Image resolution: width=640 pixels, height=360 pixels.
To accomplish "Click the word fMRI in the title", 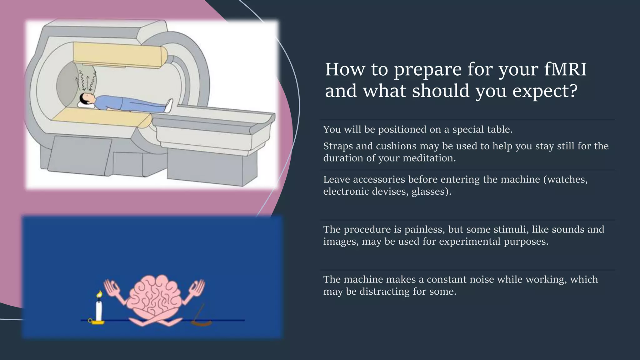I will click(x=565, y=69).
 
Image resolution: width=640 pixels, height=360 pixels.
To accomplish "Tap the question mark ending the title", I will click(x=572, y=91).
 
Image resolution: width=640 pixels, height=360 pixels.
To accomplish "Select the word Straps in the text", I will click(x=338, y=146).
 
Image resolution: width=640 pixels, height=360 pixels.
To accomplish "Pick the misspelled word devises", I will click(x=390, y=192).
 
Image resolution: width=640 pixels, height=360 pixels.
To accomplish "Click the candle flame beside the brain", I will click(x=100, y=294).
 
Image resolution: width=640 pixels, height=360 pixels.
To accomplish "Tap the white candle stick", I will click(x=99, y=310).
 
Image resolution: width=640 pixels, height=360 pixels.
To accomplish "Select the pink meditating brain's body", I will click(x=155, y=295).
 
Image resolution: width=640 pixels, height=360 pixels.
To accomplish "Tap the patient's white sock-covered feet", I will click(x=169, y=105).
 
